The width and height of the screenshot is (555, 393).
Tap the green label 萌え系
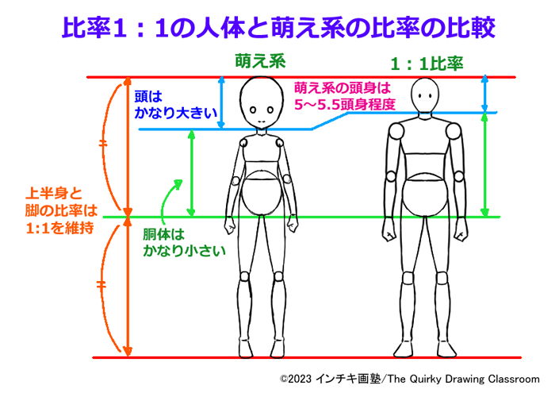pyautogui.click(x=259, y=60)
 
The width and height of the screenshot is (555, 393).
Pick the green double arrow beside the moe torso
pyautogui.click(x=190, y=173)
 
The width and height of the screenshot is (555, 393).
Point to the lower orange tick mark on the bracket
pyautogui.click(x=101, y=283)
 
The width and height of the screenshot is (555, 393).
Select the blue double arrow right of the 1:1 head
pyautogui.click(x=484, y=94)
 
